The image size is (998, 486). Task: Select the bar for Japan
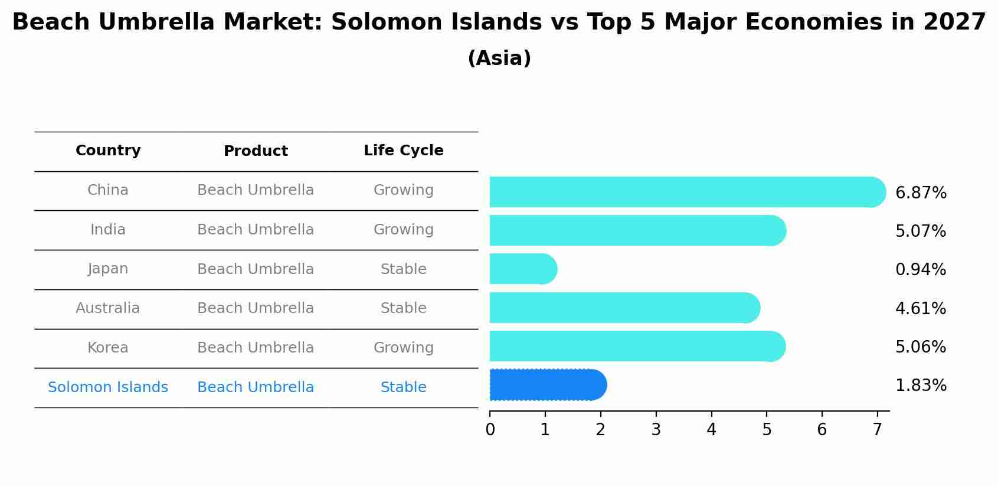(523, 269)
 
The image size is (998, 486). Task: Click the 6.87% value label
(921, 193)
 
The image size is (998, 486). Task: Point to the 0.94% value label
(920, 270)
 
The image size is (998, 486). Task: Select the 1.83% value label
(921, 386)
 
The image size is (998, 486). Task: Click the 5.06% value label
(920, 347)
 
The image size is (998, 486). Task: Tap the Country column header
(108, 151)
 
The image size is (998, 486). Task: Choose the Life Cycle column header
(403, 151)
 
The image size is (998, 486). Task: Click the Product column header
(256, 151)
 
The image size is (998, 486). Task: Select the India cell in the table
(108, 230)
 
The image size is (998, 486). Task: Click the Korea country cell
(108, 348)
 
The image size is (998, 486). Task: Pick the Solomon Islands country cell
(108, 387)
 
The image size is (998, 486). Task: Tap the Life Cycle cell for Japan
(403, 269)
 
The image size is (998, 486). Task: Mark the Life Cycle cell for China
(403, 190)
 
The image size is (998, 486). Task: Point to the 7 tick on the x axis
(877, 430)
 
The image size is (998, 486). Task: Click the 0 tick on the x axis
(490, 430)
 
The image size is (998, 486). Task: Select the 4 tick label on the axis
(711, 430)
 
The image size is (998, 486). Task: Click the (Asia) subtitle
(499, 58)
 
